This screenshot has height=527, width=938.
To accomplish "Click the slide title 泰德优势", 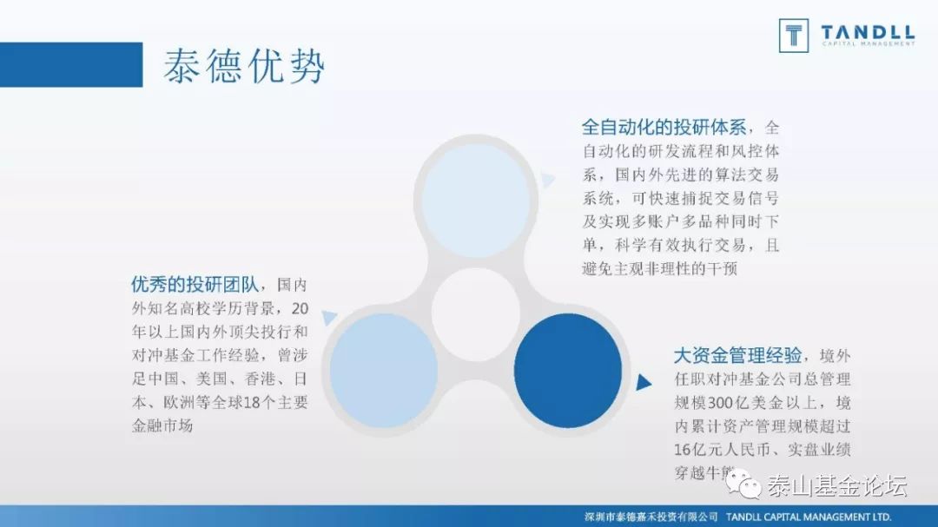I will pyautogui.click(x=244, y=65).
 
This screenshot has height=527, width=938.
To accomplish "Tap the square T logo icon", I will pyautogui.click(x=793, y=36).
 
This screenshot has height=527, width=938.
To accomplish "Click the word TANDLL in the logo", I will pyautogui.click(x=867, y=33).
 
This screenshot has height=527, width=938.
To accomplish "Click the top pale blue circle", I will pyautogui.click(x=474, y=201).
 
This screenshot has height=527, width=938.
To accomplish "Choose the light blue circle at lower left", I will pyautogui.click(x=383, y=370).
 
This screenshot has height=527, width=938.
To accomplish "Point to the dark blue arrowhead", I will pyautogui.click(x=643, y=382).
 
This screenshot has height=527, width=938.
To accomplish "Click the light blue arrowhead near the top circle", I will pyautogui.click(x=547, y=180).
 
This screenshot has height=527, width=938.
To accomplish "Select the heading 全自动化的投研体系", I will pyautogui.click(x=664, y=127).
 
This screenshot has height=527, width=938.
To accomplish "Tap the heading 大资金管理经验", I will pyautogui.click(x=737, y=356).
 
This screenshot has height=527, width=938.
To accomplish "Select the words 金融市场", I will pyautogui.click(x=162, y=425).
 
